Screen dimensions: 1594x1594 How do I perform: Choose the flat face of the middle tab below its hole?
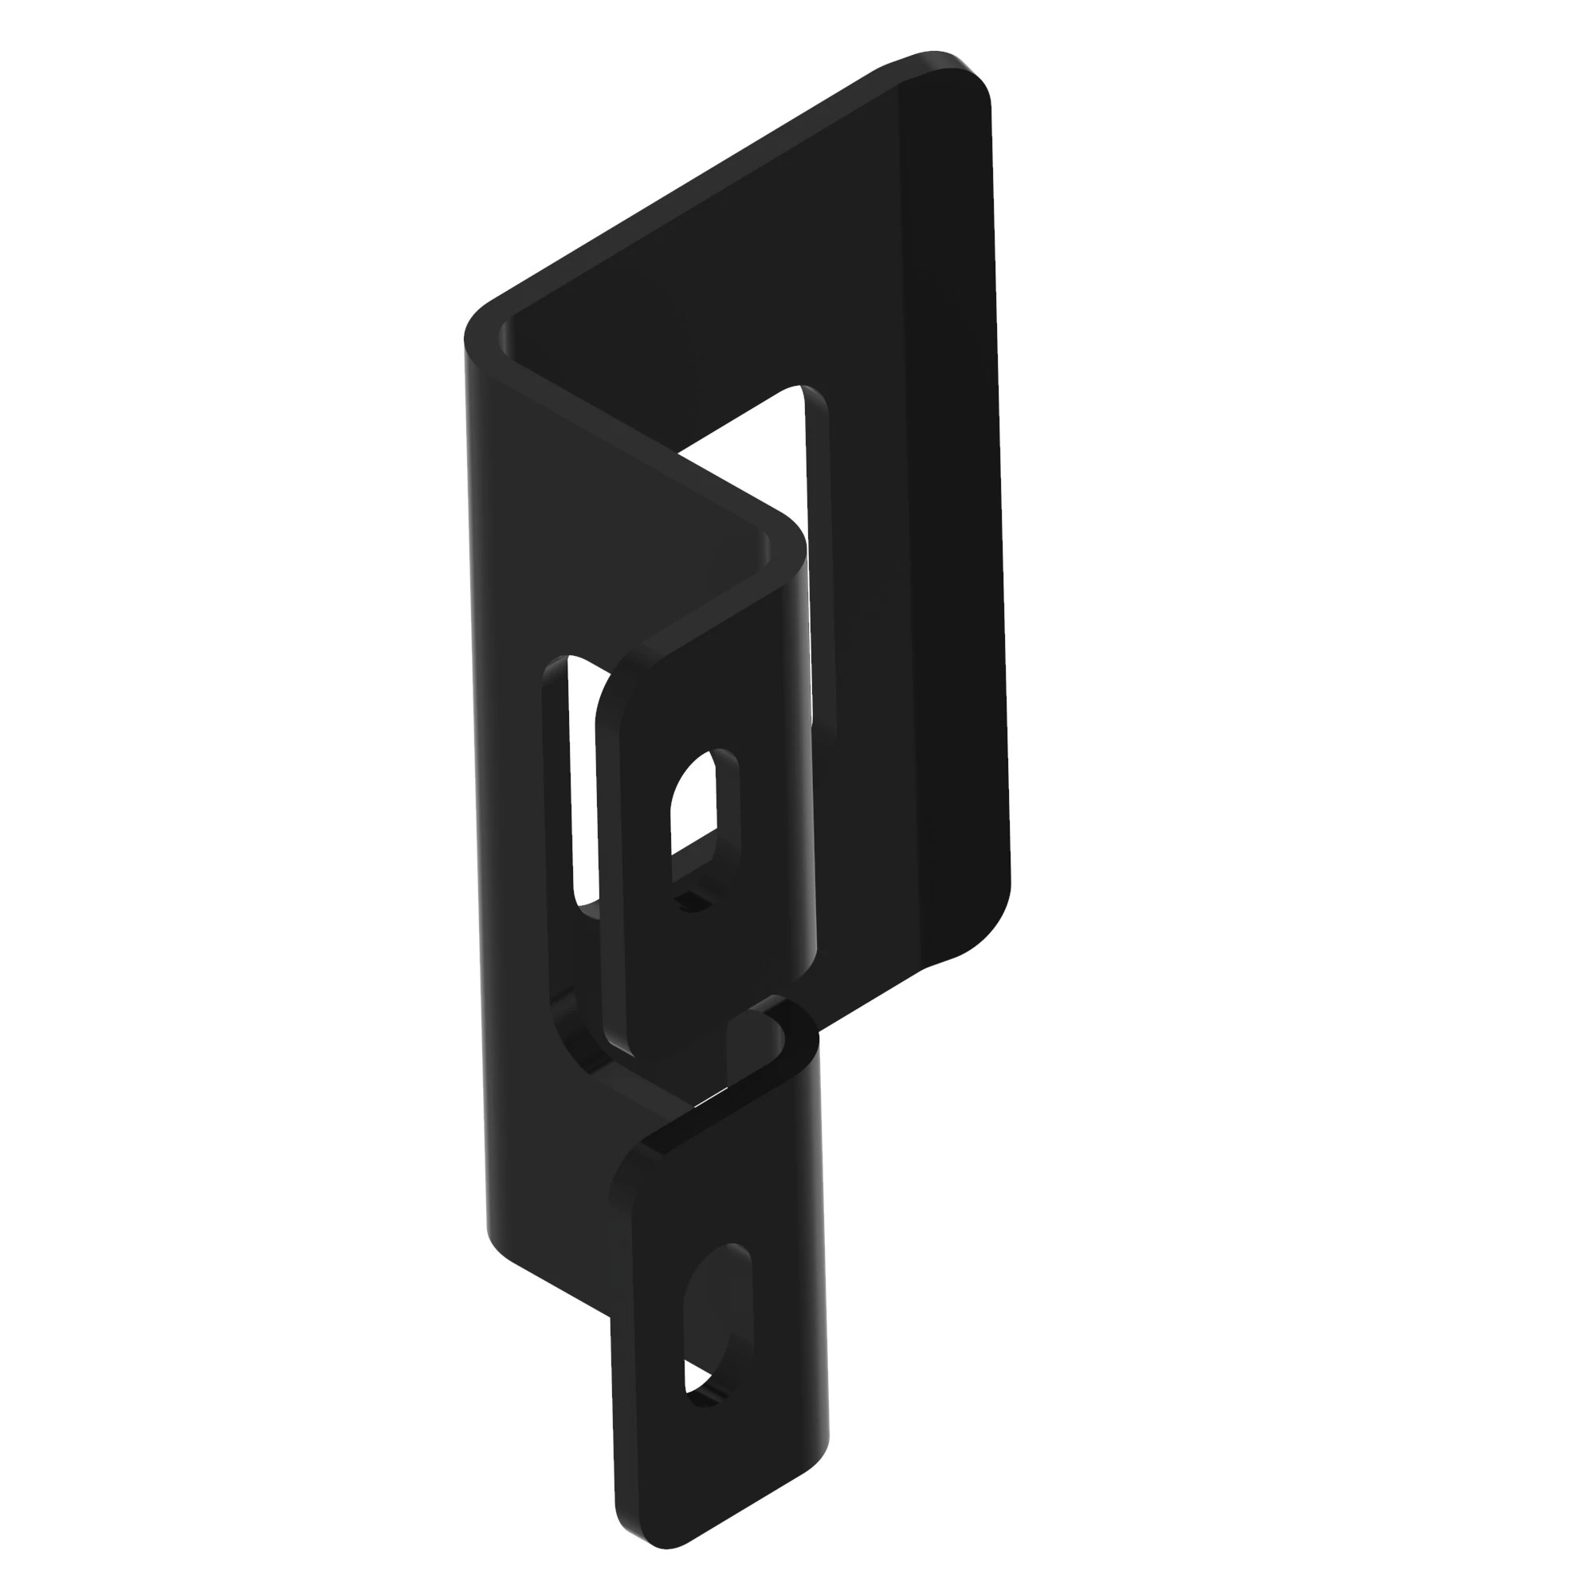coord(709,974)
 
